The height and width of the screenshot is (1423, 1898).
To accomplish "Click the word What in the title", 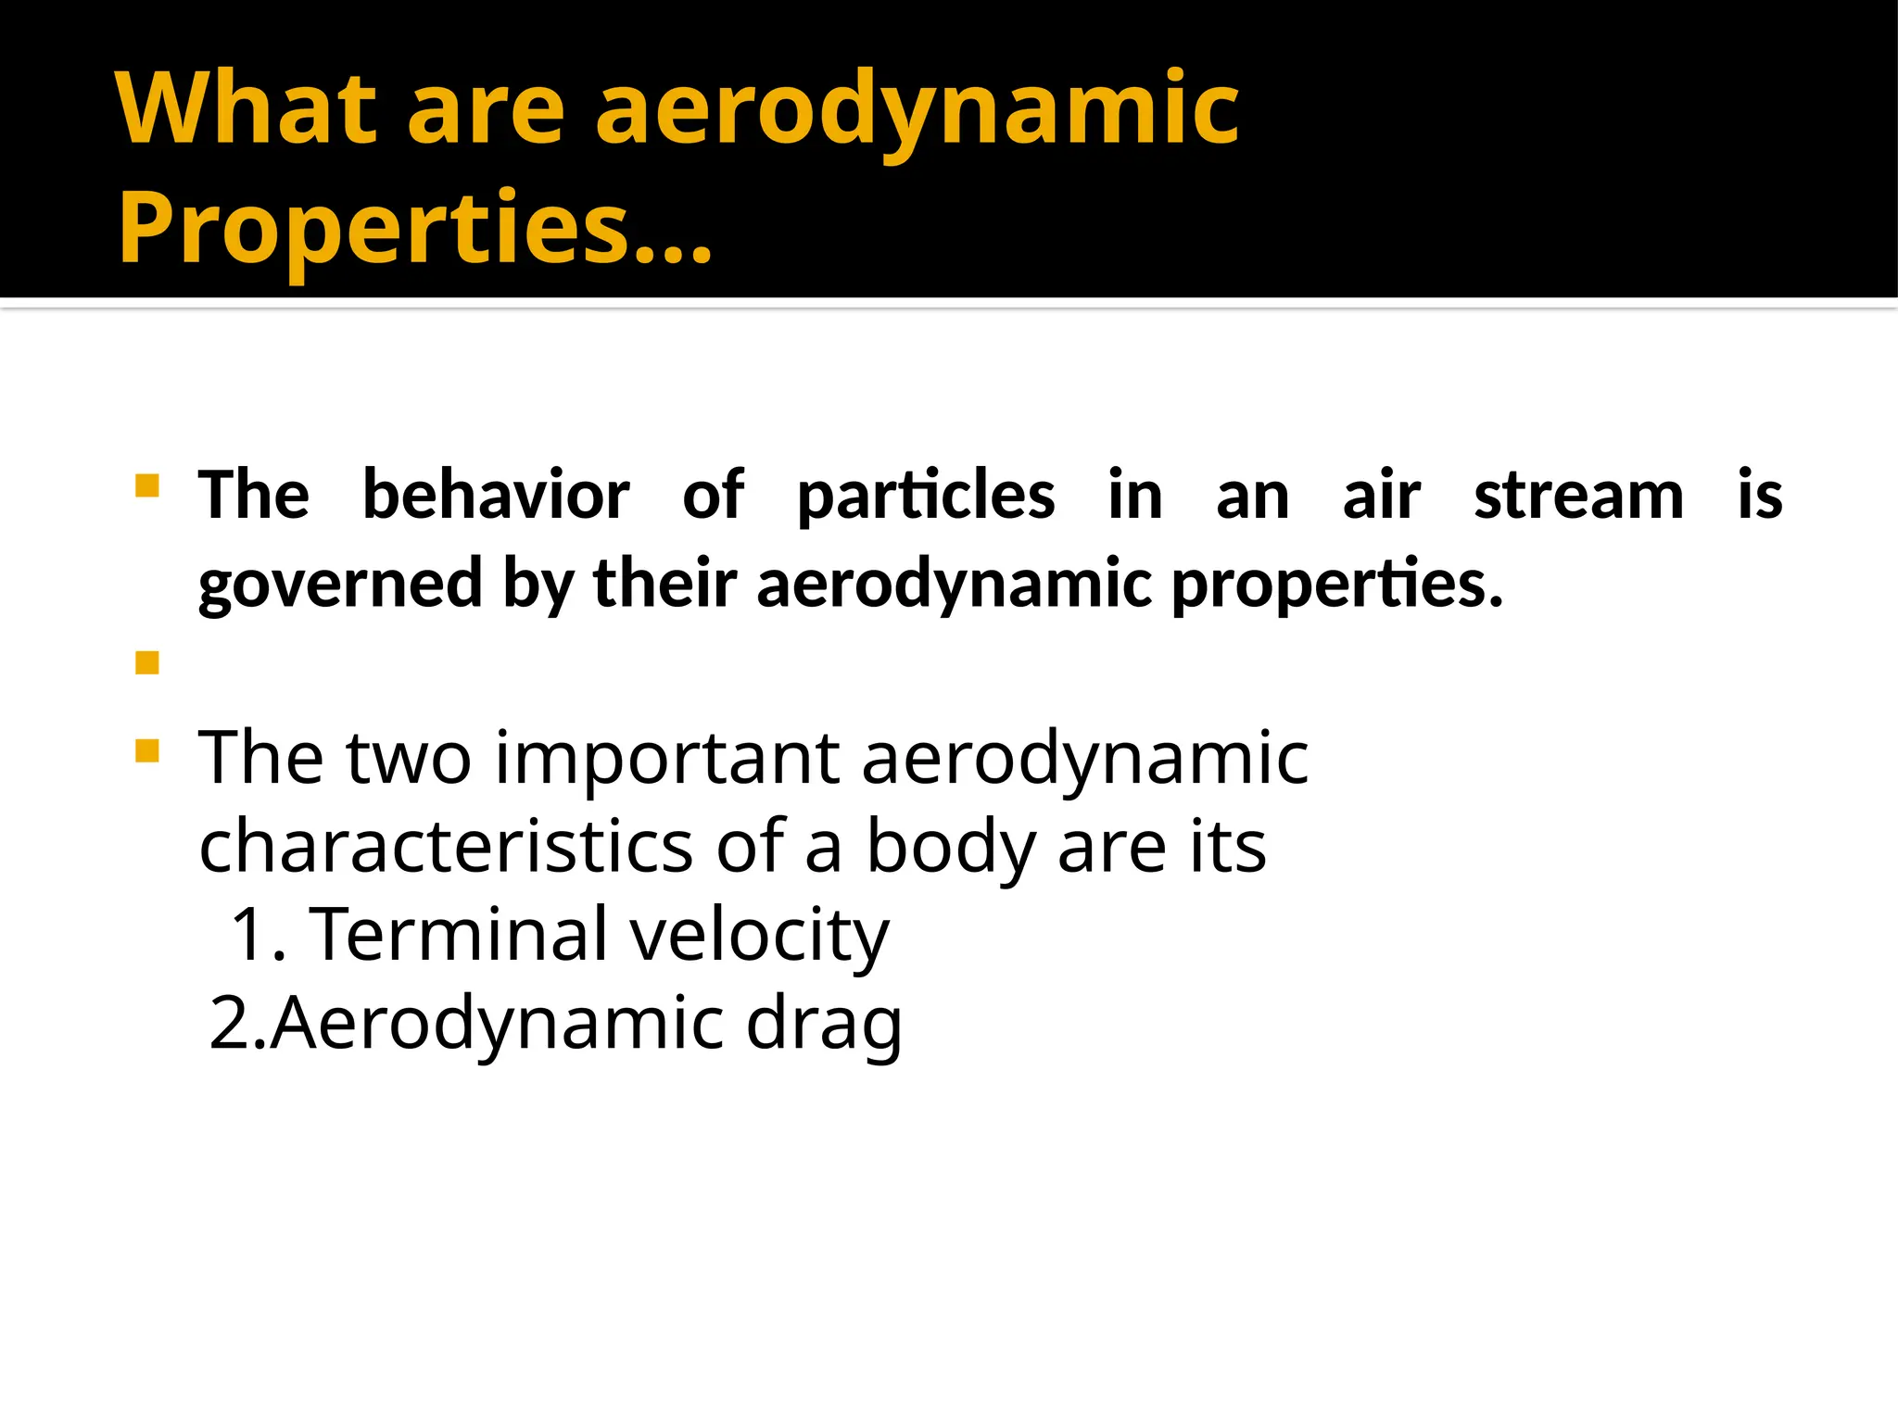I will coord(247,109).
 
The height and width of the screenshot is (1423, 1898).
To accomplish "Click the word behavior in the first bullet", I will coord(496,495).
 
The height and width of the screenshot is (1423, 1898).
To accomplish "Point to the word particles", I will coord(925,497).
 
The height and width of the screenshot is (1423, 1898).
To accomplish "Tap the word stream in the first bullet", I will coord(1578,495).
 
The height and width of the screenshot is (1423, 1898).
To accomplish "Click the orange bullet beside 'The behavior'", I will coord(147,486).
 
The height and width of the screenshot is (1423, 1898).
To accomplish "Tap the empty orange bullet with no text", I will coord(147,662).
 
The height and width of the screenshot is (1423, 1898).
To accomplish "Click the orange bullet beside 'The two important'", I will coord(147,749).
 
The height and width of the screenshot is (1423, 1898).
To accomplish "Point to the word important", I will coord(666,758).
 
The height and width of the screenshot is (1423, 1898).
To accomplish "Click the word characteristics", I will coord(446,846).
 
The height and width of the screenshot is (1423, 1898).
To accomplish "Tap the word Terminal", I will coord(458,934).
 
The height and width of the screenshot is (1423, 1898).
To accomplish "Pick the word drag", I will coord(824,1025).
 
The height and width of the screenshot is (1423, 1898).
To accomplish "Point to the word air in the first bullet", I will coord(1381,495).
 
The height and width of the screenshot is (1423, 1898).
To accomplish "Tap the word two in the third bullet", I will coord(409,758).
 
